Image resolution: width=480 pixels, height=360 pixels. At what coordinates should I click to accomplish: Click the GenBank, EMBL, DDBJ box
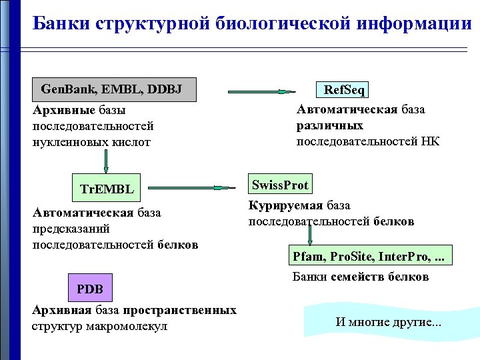coord(115,89)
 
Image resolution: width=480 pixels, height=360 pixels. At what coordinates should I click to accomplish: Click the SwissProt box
coord(280,185)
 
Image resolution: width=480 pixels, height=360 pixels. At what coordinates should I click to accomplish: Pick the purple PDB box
coord(90,289)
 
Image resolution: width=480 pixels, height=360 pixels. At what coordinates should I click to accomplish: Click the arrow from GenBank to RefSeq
coord(261,91)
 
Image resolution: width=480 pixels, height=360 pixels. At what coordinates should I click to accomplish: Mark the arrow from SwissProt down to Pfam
coord(310,236)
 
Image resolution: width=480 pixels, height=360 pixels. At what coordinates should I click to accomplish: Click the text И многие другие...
coord(389,323)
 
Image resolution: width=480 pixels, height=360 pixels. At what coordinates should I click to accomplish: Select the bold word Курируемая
coord(285,205)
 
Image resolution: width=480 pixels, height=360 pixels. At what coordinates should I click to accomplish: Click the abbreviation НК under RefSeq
coord(430,141)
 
